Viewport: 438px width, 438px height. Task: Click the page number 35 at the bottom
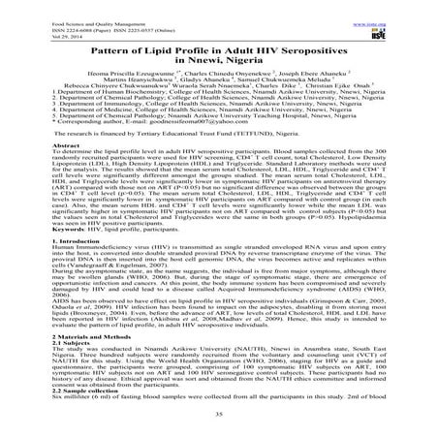click(x=219, y=432)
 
